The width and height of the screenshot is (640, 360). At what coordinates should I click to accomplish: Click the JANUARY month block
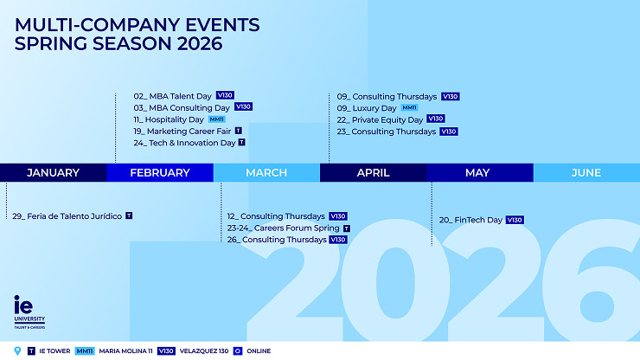53,173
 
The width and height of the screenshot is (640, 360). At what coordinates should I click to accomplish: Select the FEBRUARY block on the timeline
160,173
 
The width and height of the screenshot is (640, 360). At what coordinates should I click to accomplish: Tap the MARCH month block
266,173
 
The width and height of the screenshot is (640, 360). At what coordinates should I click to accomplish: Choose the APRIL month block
374,173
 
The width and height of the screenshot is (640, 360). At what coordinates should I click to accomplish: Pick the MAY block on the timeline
477,173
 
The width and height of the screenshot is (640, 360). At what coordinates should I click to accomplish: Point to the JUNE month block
586,173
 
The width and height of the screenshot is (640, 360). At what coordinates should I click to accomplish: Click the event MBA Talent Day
172,95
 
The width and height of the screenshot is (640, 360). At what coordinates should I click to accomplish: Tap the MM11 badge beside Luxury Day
410,107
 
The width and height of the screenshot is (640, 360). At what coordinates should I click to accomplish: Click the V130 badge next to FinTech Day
515,220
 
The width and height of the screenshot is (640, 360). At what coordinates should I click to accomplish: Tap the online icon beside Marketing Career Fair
238,131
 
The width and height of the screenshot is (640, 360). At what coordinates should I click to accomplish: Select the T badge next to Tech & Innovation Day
241,143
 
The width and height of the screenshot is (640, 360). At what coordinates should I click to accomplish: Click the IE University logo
29,312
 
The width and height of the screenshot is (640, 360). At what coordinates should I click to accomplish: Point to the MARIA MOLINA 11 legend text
125,350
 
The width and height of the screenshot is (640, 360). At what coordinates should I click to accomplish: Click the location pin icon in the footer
18,350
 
